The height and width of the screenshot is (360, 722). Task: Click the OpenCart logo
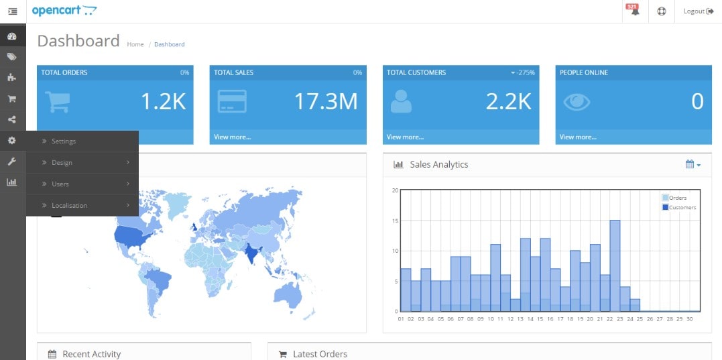[64, 11]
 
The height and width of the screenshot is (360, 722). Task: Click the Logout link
[698, 11]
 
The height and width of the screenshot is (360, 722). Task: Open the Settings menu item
[64, 141]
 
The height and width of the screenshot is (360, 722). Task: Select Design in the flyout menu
[62, 163]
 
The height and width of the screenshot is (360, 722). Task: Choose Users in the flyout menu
[60, 184]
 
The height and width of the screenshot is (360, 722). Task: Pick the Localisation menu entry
[69, 206]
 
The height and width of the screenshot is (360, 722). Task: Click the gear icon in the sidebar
[12, 141]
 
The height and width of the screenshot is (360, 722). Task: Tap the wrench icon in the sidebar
[12, 162]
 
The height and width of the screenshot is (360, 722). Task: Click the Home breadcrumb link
[135, 44]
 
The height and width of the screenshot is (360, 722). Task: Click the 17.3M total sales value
[326, 101]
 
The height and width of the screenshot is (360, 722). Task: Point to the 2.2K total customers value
[508, 101]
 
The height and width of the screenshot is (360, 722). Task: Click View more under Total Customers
[405, 137]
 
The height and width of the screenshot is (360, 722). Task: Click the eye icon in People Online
[577, 101]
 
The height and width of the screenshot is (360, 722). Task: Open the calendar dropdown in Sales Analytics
[693, 164]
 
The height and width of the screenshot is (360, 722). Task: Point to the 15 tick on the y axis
[395, 221]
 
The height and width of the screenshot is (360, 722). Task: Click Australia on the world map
[292, 293]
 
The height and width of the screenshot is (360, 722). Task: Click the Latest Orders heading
[320, 354]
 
